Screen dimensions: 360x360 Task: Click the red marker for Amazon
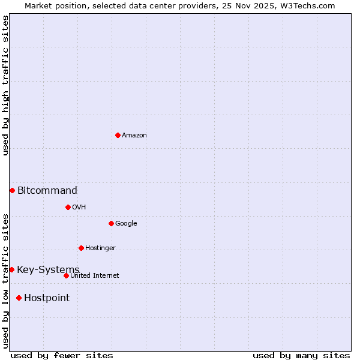(118, 135)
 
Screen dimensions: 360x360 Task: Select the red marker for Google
(111, 223)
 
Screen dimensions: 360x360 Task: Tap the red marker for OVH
(68, 207)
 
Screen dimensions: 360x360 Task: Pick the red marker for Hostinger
(81, 248)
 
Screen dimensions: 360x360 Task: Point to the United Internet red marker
(66, 275)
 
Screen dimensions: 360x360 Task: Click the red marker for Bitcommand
(12, 190)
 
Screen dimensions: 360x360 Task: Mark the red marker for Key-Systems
(11, 269)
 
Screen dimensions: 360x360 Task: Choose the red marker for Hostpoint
(19, 298)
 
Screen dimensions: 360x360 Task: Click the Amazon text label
(134, 136)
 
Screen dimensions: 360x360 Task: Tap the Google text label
(126, 224)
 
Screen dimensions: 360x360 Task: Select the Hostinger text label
(100, 248)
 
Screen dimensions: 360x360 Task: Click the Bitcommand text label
(47, 191)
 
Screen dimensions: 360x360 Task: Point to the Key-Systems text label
(48, 270)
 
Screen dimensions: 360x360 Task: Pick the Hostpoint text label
(47, 298)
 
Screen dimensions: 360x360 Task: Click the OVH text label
(79, 208)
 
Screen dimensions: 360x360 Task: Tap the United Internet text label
(95, 276)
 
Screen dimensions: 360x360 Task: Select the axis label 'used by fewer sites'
(62, 355)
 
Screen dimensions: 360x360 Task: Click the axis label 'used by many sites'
(301, 355)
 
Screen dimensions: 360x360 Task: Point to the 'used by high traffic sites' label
(5, 85)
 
